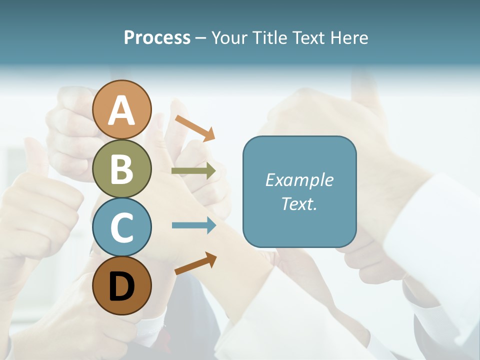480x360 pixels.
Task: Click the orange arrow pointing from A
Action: click(x=195, y=128)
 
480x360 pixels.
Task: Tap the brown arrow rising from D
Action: click(x=195, y=263)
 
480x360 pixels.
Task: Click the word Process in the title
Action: click(x=157, y=37)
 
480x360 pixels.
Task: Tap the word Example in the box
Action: click(x=299, y=180)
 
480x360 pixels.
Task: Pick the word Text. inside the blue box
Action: click(x=299, y=203)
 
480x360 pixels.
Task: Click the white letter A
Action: click(x=122, y=110)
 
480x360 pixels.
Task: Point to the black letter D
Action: click(x=122, y=286)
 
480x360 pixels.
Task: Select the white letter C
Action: click(x=122, y=227)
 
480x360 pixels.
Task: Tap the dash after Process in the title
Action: click(x=201, y=38)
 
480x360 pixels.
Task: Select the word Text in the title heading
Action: click(x=307, y=37)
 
